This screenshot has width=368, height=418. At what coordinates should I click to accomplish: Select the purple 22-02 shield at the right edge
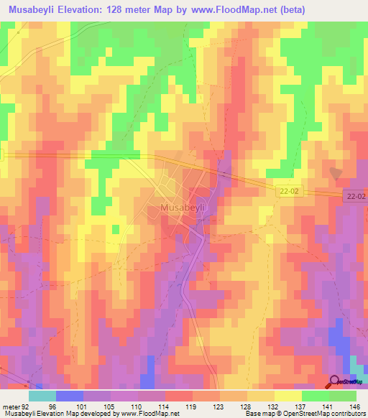tap(354, 196)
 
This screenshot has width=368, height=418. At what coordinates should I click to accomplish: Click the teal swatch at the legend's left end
tap(42, 396)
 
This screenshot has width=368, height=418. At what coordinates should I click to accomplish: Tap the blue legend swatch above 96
tap(69, 396)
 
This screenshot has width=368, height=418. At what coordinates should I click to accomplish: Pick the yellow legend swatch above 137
tap(287, 396)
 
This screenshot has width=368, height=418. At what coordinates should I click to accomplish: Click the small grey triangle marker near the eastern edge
tap(336, 172)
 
